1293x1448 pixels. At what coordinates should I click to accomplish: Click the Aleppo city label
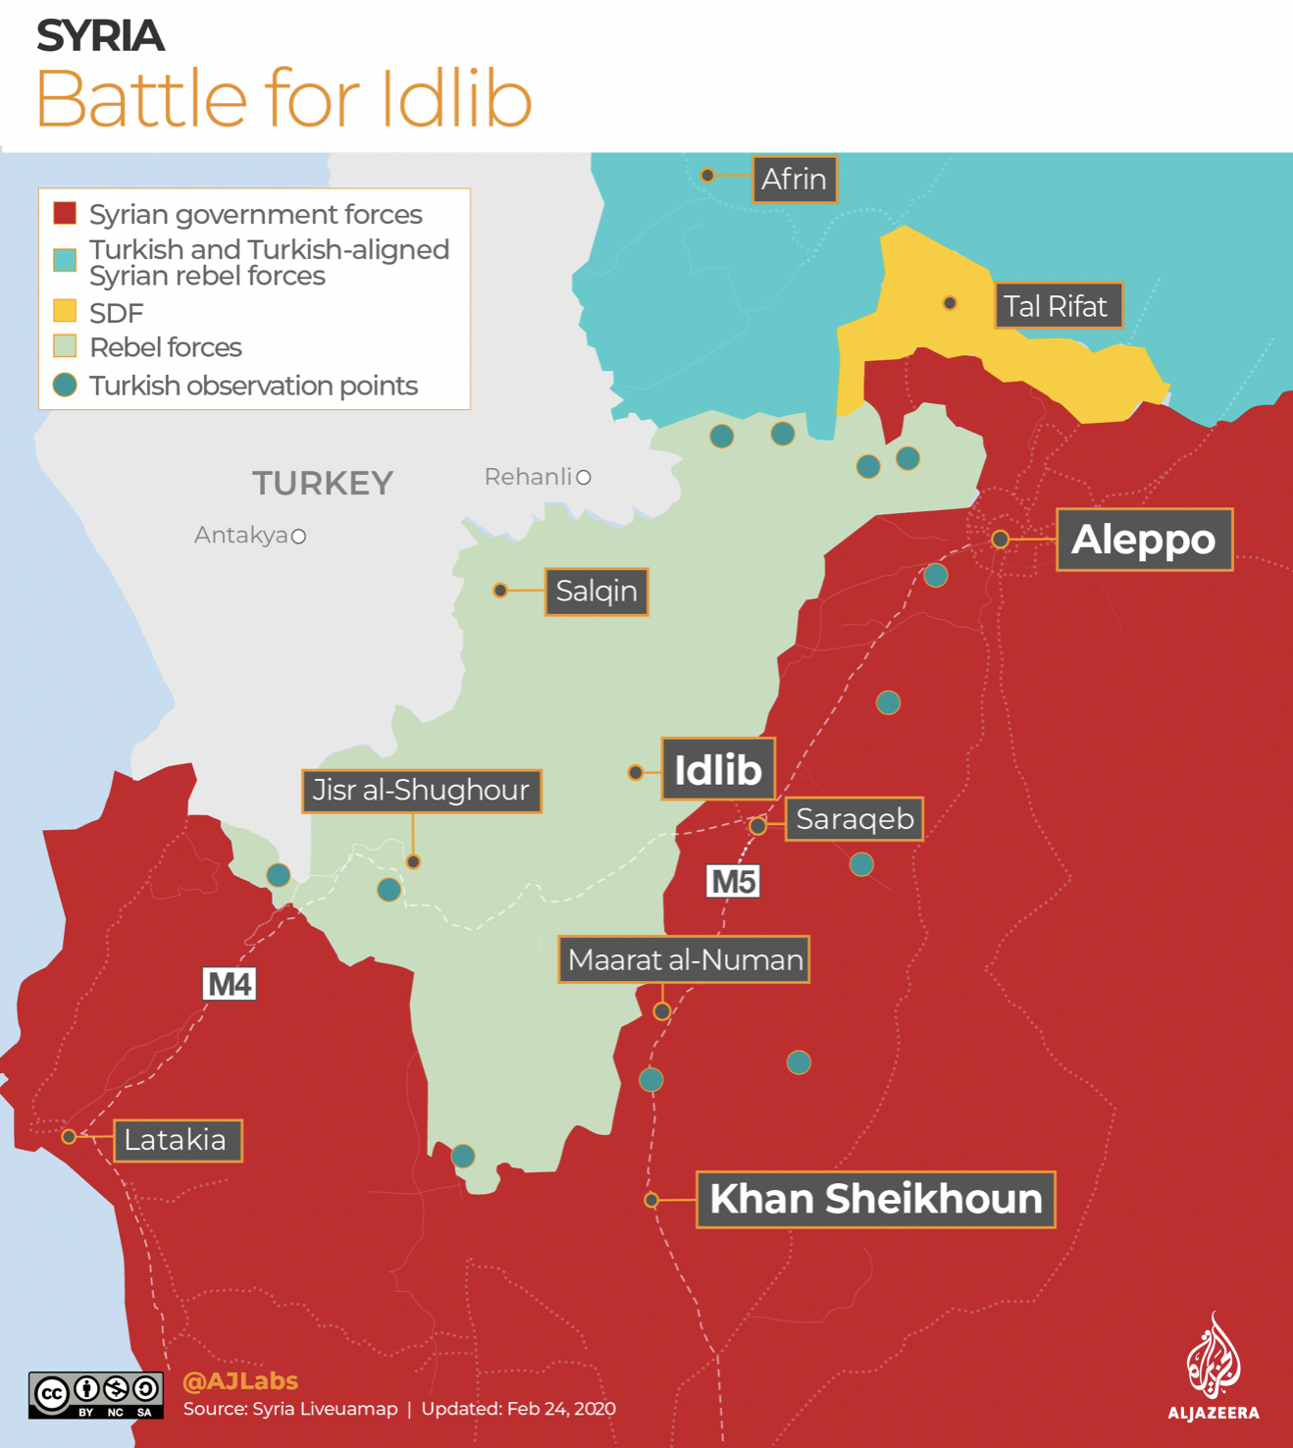[x=1144, y=540]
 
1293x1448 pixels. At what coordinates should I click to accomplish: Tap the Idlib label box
[x=718, y=769]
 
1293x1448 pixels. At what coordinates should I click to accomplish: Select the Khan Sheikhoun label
[x=875, y=1199]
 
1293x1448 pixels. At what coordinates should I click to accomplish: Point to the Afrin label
[x=794, y=180]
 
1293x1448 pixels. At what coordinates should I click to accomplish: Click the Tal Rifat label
[x=1057, y=306]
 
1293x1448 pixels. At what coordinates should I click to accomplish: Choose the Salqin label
[x=596, y=592]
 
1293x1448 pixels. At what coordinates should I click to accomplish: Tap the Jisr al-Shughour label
[x=421, y=791]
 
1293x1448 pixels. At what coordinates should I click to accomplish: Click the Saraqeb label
[x=853, y=819]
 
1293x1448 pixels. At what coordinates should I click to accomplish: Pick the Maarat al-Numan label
[x=684, y=959]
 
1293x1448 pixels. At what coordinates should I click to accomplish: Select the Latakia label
[x=177, y=1140]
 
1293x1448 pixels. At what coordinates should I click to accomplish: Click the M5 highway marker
[x=733, y=881]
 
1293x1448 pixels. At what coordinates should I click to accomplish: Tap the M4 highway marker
[x=230, y=983]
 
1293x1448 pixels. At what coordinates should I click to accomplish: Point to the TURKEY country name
[x=323, y=483]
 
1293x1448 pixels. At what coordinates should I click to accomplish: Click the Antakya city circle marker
[x=299, y=537]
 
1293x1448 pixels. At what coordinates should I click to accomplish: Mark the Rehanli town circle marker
[x=584, y=478]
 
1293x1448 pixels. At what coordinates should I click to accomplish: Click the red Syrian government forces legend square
[x=65, y=214]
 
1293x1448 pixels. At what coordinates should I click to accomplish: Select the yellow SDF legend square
[x=65, y=312]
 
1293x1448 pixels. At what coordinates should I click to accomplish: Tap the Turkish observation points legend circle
[x=65, y=386]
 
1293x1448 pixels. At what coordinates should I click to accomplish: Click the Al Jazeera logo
[x=1214, y=1368]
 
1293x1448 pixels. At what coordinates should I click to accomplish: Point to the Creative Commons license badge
[x=95, y=1395]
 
